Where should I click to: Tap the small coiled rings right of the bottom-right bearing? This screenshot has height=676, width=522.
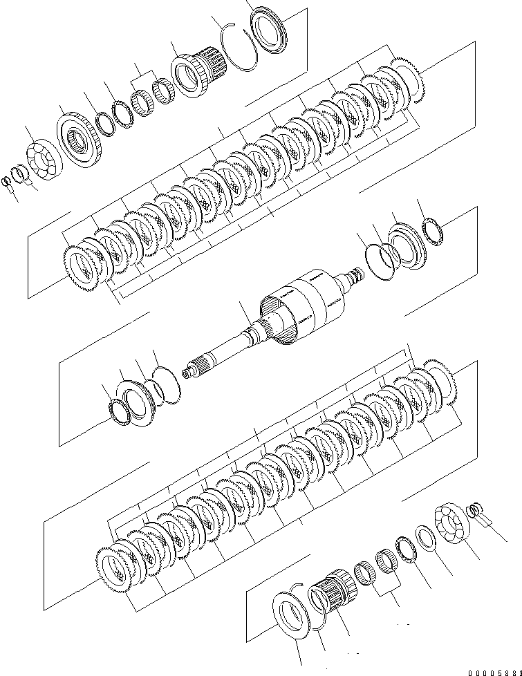point(475,512)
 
